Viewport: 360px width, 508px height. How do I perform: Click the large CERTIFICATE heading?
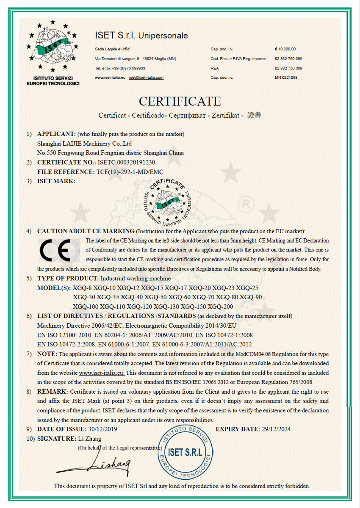pyautogui.click(x=180, y=102)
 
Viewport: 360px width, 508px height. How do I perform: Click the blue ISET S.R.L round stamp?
pyautogui.click(x=185, y=452)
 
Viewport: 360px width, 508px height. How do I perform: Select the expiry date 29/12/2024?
pyautogui.click(x=276, y=429)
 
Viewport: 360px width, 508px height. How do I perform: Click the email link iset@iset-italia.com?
pyautogui.click(x=147, y=77)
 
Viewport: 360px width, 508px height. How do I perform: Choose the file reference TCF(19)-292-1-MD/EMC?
pyautogui.click(x=130, y=171)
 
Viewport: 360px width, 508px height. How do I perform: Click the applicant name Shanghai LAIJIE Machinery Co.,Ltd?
pyautogui.click(x=85, y=144)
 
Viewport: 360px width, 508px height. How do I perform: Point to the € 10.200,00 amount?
pyautogui.click(x=285, y=49)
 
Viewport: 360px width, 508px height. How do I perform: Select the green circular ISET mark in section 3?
pyautogui.click(x=168, y=200)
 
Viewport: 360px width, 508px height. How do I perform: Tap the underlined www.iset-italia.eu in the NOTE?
pyautogui.click(x=102, y=373)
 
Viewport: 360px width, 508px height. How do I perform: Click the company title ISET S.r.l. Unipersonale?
pyautogui.click(x=141, y=36)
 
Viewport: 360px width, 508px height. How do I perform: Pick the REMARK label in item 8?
pyautogui.click(x=53, y=392)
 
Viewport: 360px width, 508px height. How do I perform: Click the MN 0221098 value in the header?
pyautogui.click(x=286, y=77)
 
